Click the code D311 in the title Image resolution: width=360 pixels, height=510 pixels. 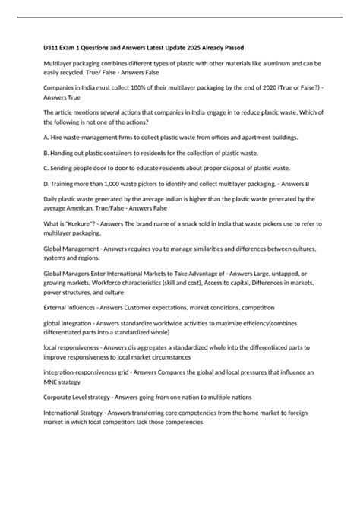tap(55, 48)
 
